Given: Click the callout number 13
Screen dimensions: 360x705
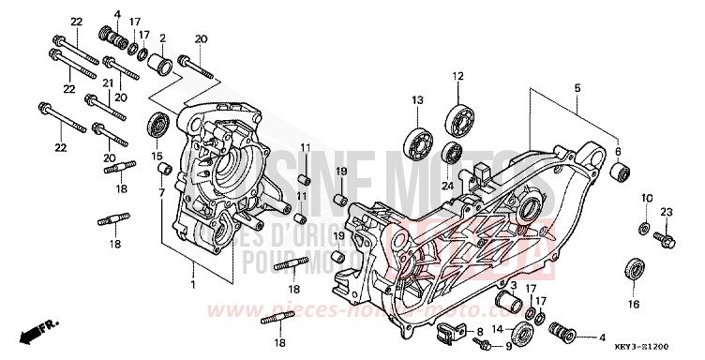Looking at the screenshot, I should [x=416, y=99].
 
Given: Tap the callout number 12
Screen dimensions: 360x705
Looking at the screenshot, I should [x=458, y=76].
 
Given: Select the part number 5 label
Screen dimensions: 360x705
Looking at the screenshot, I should [x=577, y=88].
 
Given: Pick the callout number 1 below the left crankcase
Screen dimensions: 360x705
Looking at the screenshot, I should [x=194, y=283].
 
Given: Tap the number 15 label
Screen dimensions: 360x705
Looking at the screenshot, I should [x=157, y=156].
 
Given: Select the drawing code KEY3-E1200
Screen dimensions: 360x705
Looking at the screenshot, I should [x=665, y=346].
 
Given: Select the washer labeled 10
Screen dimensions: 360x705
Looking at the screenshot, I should [x=644, y=229].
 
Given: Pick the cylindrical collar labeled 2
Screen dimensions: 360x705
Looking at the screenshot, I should [x=162, y=67].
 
